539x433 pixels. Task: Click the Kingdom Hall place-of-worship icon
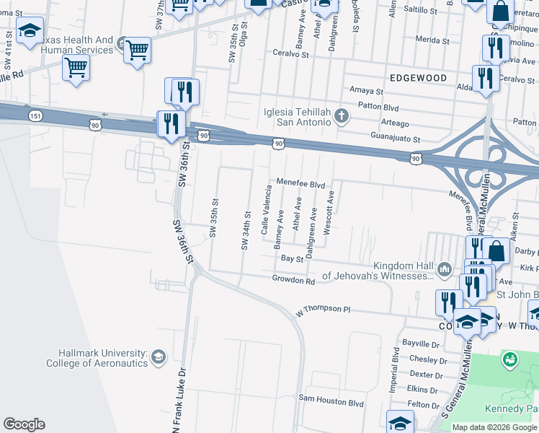click(x=444, y=269)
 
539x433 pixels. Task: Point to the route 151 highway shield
click(x=35, y=115)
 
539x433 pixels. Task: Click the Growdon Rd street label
click(x=293, y=279)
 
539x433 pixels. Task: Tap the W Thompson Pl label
click(x=323, y=310)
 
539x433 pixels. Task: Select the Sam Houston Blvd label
click(x=331, y=398)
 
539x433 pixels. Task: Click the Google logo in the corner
click(x=24, y=424)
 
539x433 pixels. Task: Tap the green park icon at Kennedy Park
click(x=511, y=358)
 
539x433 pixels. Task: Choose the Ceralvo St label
click(x=290, y=54)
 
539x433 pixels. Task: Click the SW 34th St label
click(x=245, y=230)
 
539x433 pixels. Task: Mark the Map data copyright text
click(x=494, y=427)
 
